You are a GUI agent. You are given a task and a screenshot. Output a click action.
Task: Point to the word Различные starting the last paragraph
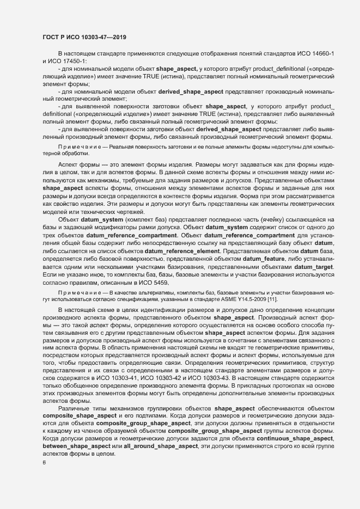tap(74, 407)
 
